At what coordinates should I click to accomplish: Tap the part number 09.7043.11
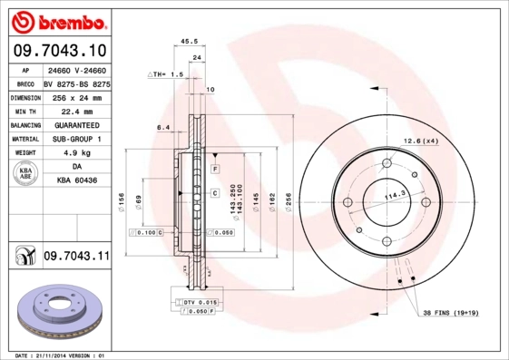75,257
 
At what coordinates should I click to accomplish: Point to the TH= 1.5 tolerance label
167,73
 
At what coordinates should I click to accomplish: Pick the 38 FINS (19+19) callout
451,314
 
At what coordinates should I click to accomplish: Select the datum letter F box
216,170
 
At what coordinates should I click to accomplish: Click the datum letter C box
215,193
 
